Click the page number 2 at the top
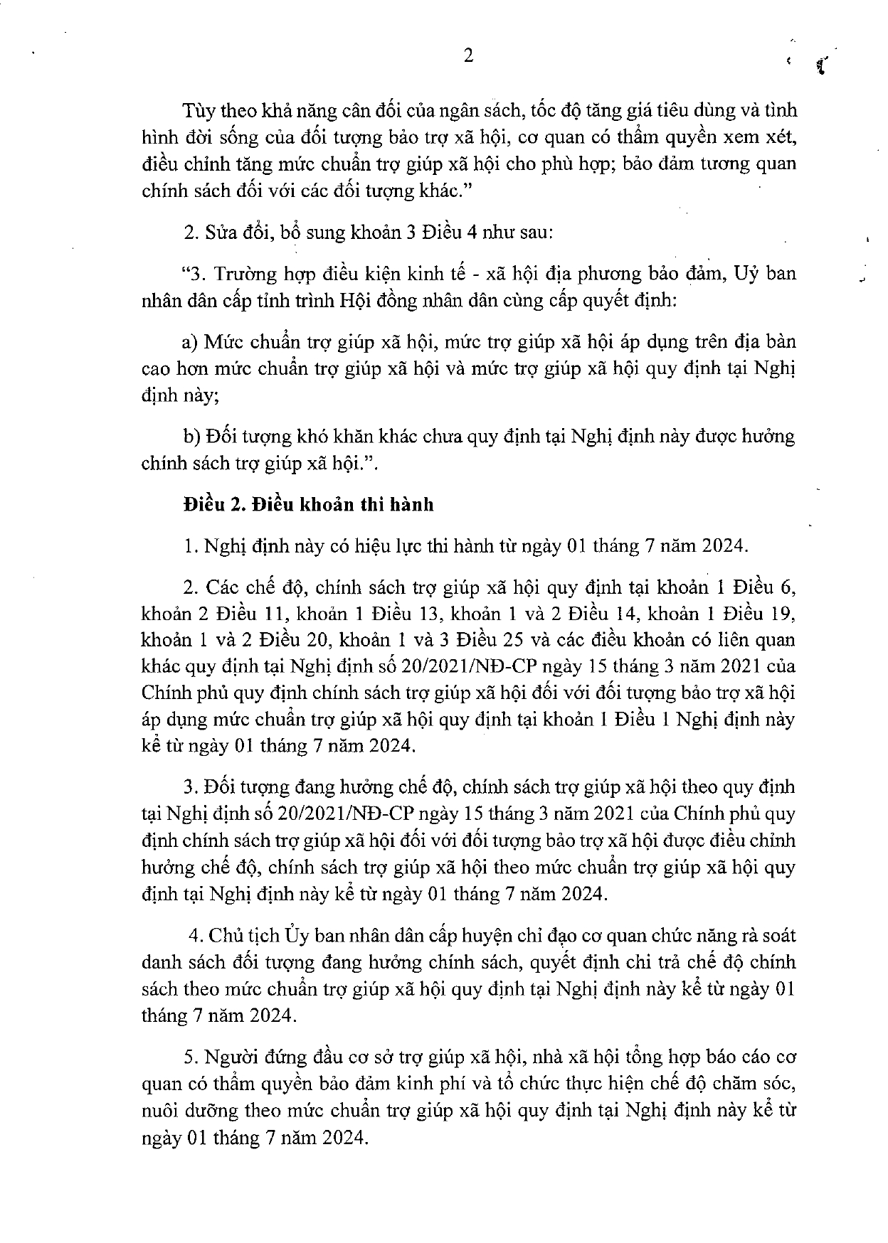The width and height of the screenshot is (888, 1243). (x=468, y=57)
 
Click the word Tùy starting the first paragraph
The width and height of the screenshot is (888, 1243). (x=196, y=111)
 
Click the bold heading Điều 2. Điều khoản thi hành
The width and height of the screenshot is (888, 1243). (x=308, y=505)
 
